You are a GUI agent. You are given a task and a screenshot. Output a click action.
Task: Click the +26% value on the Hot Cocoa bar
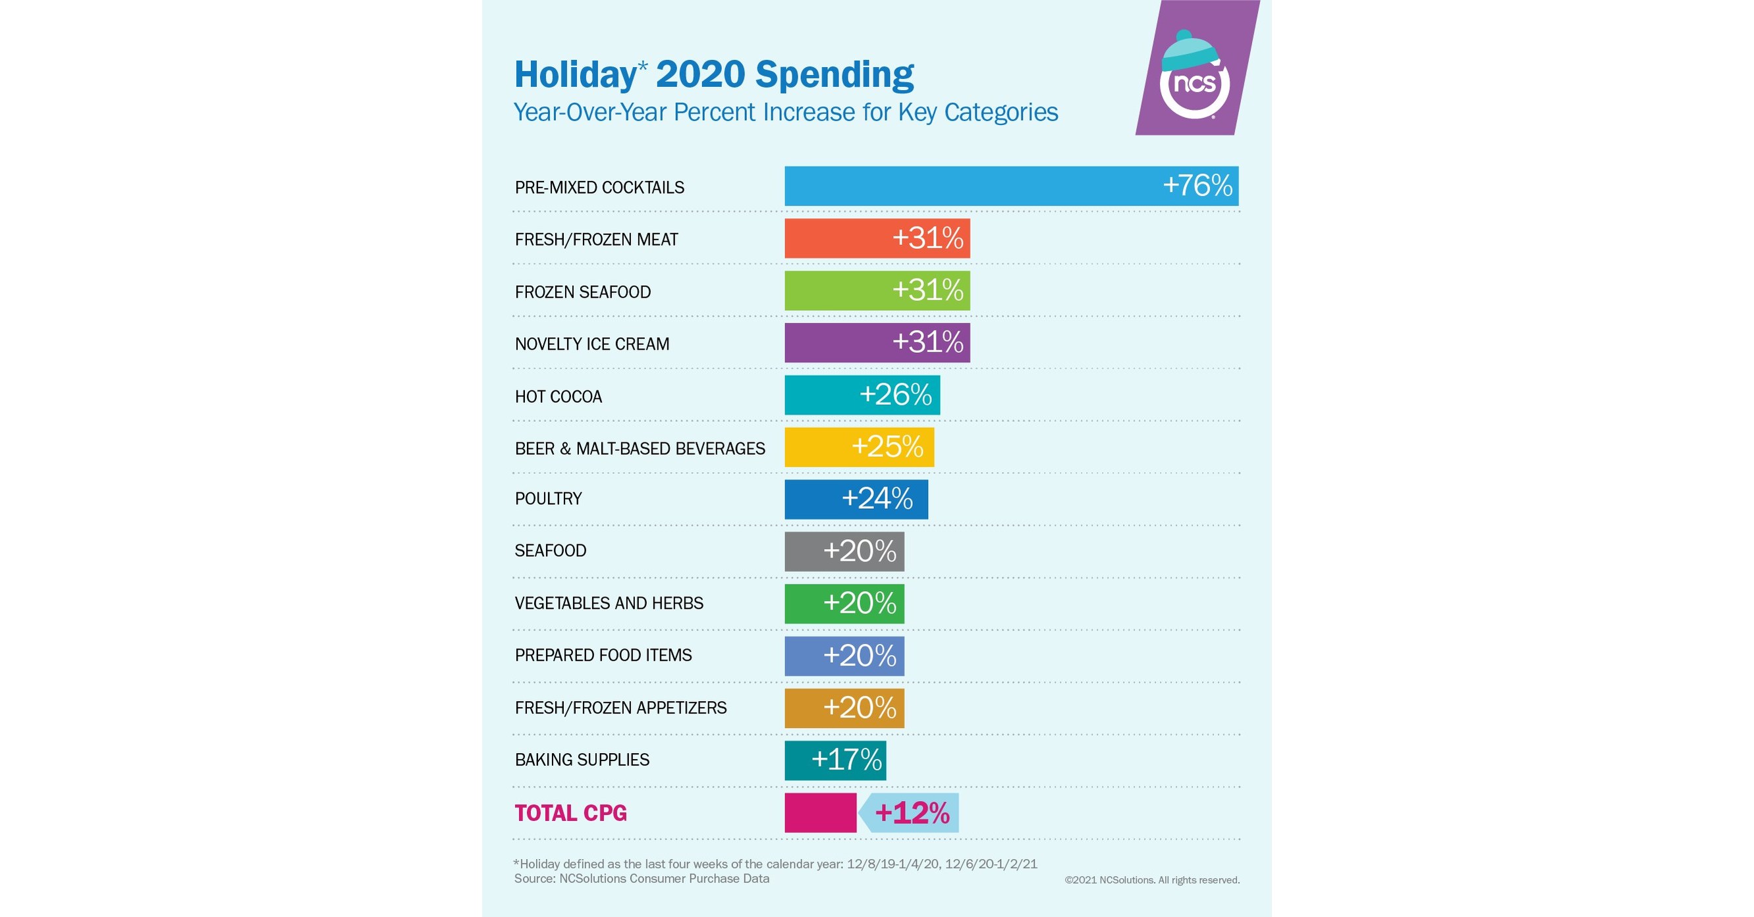coord(895,395)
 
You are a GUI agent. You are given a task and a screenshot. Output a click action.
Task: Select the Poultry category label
coord(548,499)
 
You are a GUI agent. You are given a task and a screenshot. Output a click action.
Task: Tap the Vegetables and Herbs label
coord(609,603)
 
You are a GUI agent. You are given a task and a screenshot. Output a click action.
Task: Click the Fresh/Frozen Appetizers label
coord(620,708)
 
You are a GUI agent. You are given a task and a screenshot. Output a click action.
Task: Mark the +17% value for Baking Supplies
coord(846,760)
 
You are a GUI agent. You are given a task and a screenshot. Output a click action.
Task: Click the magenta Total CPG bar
coord(820,813)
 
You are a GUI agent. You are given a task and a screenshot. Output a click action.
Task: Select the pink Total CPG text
coord(570,813)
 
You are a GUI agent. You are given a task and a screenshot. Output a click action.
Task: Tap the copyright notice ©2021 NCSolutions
coord(1151,880)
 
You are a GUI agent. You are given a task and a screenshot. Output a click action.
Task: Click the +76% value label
coord(1197,186)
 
